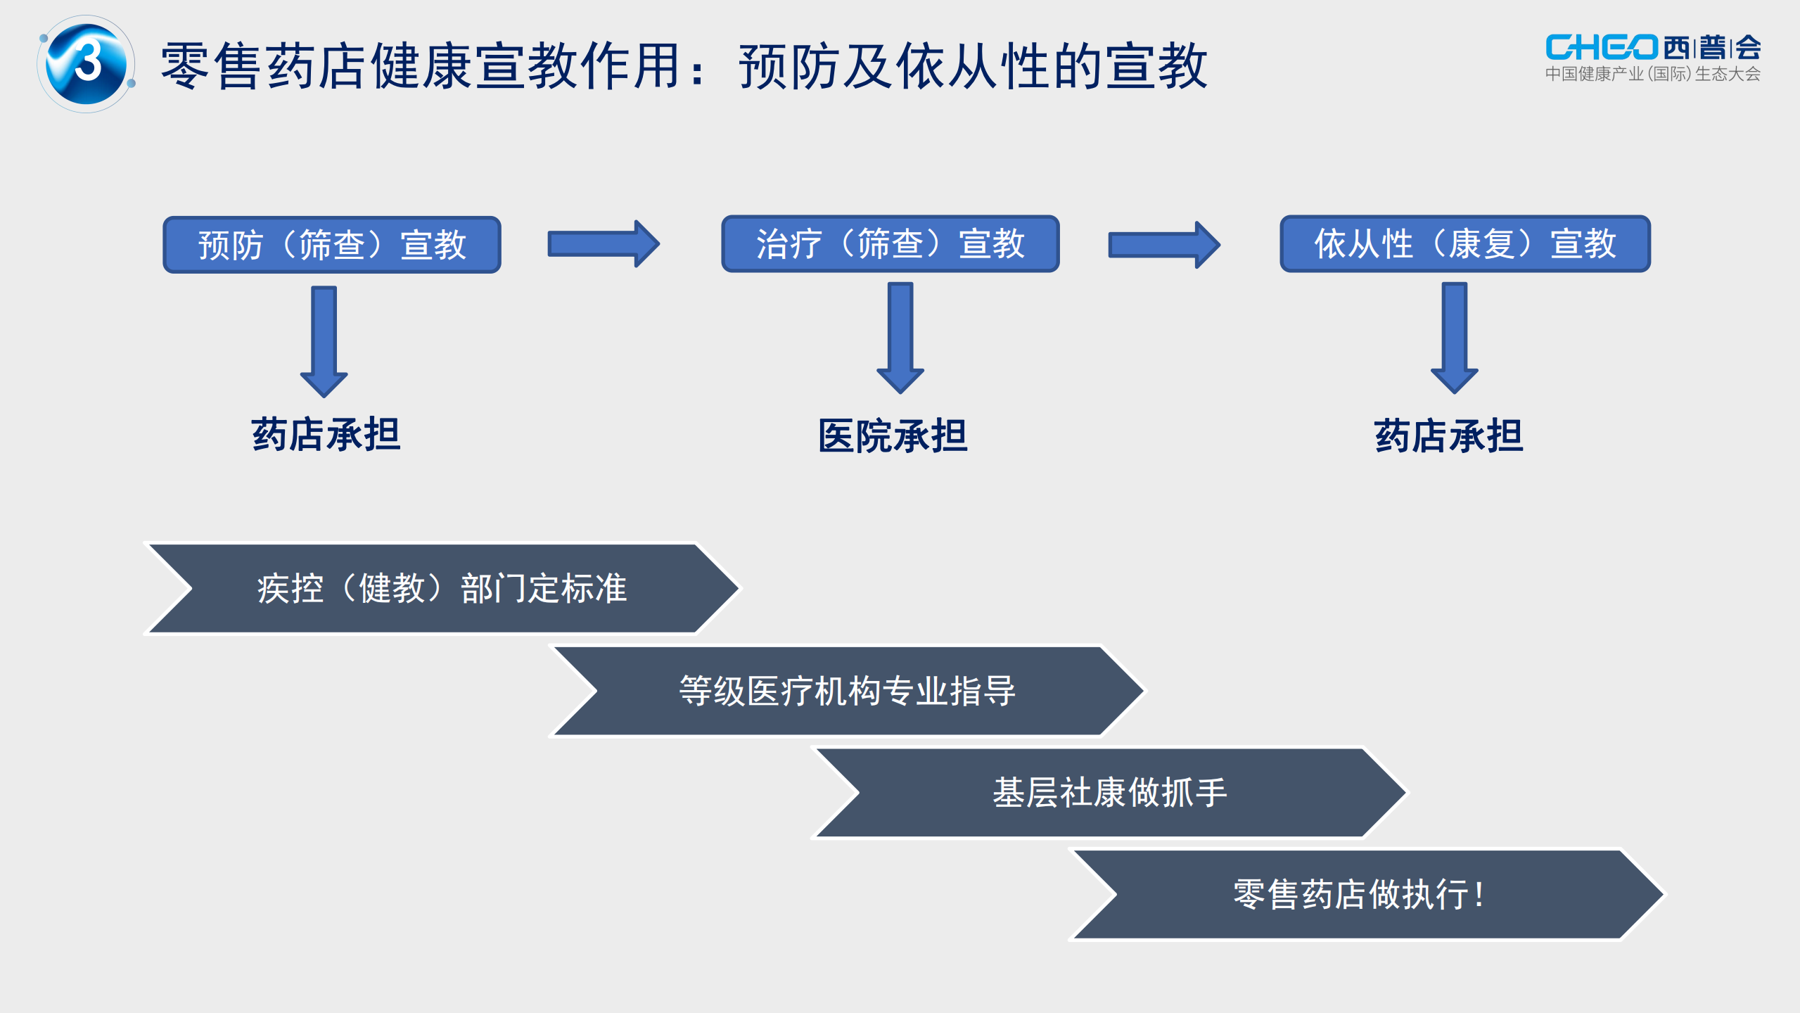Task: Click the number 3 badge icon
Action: [87, 63]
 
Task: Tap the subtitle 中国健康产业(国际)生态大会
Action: [1652, 75]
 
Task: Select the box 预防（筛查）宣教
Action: [332, 245]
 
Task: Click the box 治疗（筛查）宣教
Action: [890, 244]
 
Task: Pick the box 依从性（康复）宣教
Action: [1464, 244]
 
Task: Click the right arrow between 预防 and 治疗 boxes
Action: [603, 244]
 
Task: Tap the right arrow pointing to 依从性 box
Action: [1163, 245]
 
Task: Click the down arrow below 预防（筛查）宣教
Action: [324, 340]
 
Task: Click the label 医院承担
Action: [893, 436]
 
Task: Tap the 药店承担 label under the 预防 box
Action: [326, 434]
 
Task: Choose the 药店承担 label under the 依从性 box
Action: [1448, 436]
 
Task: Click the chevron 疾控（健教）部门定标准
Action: [442, 588]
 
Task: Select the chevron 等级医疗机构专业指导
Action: [847, 691]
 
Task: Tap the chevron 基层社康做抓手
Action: [1109, 793]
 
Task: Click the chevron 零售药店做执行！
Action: [1367, 895]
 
